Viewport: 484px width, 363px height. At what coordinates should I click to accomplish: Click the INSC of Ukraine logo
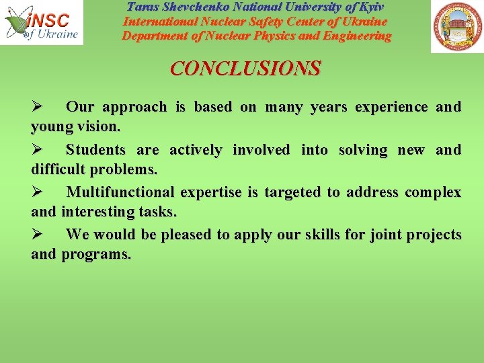(x=42, y=23)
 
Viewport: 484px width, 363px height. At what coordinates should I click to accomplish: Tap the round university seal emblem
(x=456, y=27)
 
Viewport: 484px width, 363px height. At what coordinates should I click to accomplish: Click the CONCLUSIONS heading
(x=245, y=69)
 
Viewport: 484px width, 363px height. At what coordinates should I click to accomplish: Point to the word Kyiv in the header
(x=370, y=7)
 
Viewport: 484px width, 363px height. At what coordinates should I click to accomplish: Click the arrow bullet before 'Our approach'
(x=38, y=107)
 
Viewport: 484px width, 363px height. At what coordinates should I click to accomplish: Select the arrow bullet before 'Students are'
(x=38, y=150)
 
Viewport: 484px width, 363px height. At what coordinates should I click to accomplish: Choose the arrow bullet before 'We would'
(x=38, y=235)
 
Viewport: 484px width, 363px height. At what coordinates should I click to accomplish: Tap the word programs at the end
(x=96, y=255)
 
